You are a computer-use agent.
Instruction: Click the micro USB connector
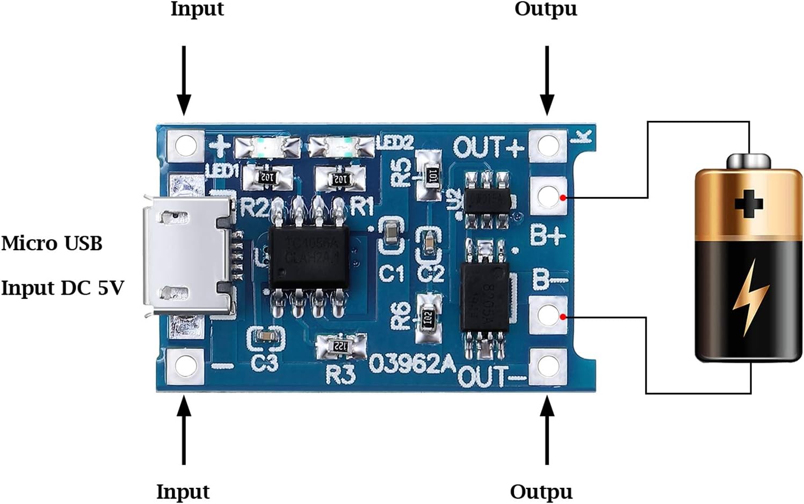click(x=188, y=255)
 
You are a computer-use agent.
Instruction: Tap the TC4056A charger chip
click(x=309, y=257)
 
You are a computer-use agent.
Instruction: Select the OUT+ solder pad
click(x=548, y=145)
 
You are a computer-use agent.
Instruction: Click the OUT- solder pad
click(x=548, y=366)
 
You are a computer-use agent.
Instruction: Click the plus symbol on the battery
click(x=749, y=203)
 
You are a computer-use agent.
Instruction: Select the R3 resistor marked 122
click(x=340, y=346)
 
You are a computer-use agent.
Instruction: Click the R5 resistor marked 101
click(x=430, y=175)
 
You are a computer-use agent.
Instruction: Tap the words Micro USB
click(x=52, y=244)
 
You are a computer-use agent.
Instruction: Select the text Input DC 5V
click(x=62, y=288)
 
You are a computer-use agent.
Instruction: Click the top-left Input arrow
click(x=184, y=81)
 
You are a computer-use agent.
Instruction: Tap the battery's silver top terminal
click(x=749, y=160)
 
